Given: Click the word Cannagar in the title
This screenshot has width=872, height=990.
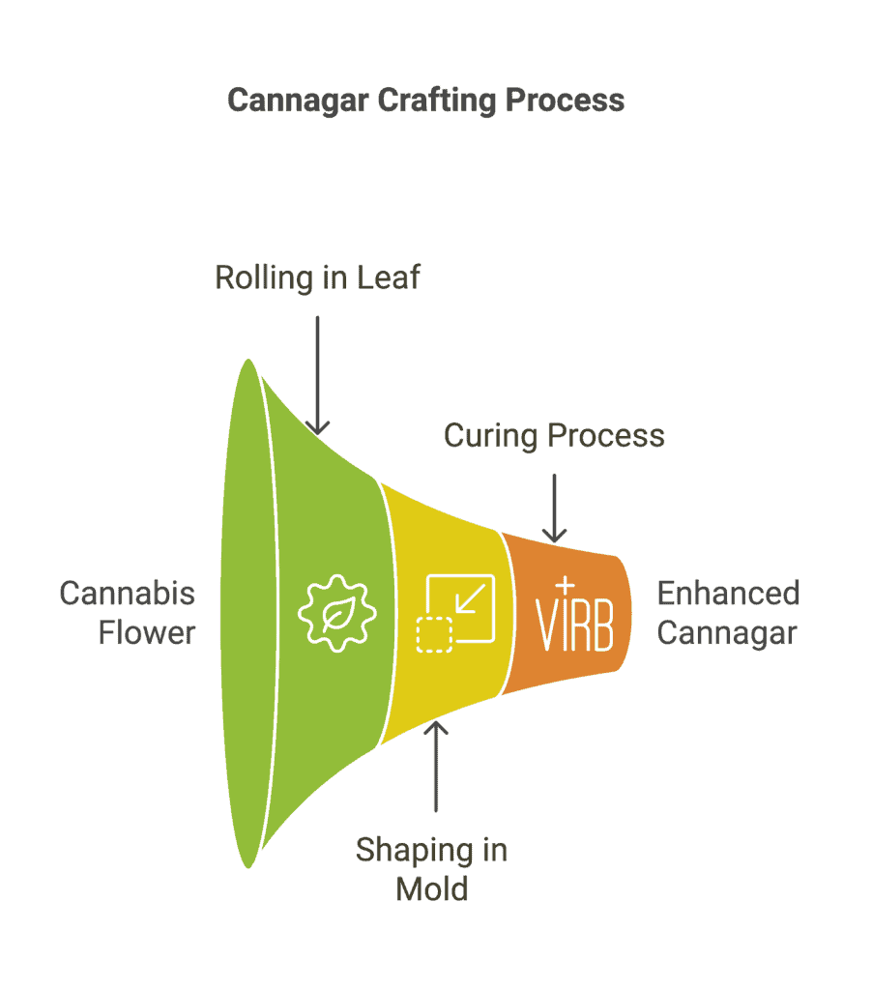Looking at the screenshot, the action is pos(298,101).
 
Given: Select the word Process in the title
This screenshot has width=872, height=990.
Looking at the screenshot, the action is pos(566,100).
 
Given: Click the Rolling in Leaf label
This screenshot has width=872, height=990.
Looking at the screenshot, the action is pos(318,277).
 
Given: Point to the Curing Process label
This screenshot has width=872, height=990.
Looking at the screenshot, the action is pos(554,436).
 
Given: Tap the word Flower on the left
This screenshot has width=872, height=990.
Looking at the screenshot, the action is pos(147,632).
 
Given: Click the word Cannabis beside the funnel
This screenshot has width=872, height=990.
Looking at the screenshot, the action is pos(128,594).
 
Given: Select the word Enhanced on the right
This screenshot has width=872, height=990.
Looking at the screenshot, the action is pos(729,594).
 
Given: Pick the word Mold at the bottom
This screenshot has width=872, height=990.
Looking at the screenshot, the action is pos(432,889).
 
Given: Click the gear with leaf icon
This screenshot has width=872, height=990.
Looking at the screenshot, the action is pos(337,613).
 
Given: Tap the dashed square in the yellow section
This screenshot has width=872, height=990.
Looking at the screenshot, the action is pos(434,634).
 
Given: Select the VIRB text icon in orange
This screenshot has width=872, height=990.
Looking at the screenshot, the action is pos(574,617).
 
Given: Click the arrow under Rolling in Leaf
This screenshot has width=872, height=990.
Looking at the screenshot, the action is pos(318,376).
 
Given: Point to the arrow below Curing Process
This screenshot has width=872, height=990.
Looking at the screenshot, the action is pos(554,509).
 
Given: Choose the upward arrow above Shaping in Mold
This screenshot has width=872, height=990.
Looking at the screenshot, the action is pos(436,767).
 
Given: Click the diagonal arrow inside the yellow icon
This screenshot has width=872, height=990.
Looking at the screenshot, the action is pos(471,598).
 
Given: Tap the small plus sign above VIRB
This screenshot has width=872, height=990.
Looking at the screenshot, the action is pos(566,585).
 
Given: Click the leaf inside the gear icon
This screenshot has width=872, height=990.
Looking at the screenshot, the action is pos(338,614).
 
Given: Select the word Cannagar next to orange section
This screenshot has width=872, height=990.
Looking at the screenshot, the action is pos(727,633).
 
